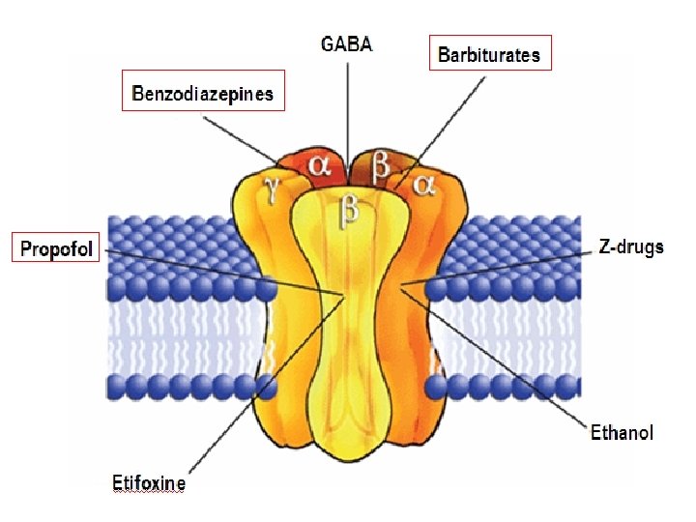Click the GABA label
pyautogui.click(x=346, y=44)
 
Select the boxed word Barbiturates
pyautogui.click(x=489, y=54)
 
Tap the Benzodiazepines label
pyautogui.click(x=203, y=94)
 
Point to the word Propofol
pyautogui.click(x=57, y=249)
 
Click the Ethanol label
pyautogui.click(x=622, y=432)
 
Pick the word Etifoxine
pyautogui.click(x=149, y=482)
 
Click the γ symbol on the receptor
pyautogui.click(x=274, y=189)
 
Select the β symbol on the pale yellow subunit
pyautogui.click(x=347, y=211)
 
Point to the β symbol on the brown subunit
pyautogui.click(x=381, y=165)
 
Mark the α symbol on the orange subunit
pyautogui.click(x=422, y=184)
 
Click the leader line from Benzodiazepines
pyautogui.click(x=242, y=134)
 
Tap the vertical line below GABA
pyautogui.click(x=347, y=116)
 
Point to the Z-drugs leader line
pyautogui.click(x=503, y=267)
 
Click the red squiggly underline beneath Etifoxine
pyautogui.click(x=149, y=492)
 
